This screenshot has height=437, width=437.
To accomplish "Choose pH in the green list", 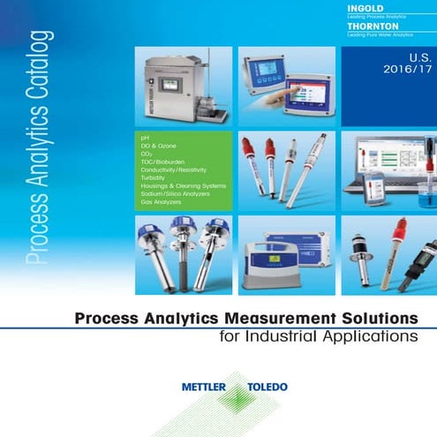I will (x=145, y=139).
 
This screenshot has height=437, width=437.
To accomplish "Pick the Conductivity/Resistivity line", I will (x=176, y=170).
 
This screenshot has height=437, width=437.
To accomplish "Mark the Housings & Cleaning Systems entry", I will (x=183, y=186).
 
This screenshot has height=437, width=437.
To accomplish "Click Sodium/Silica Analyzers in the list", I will (x=177, y=194).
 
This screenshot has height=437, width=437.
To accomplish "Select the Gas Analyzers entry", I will (x=161, y=202).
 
